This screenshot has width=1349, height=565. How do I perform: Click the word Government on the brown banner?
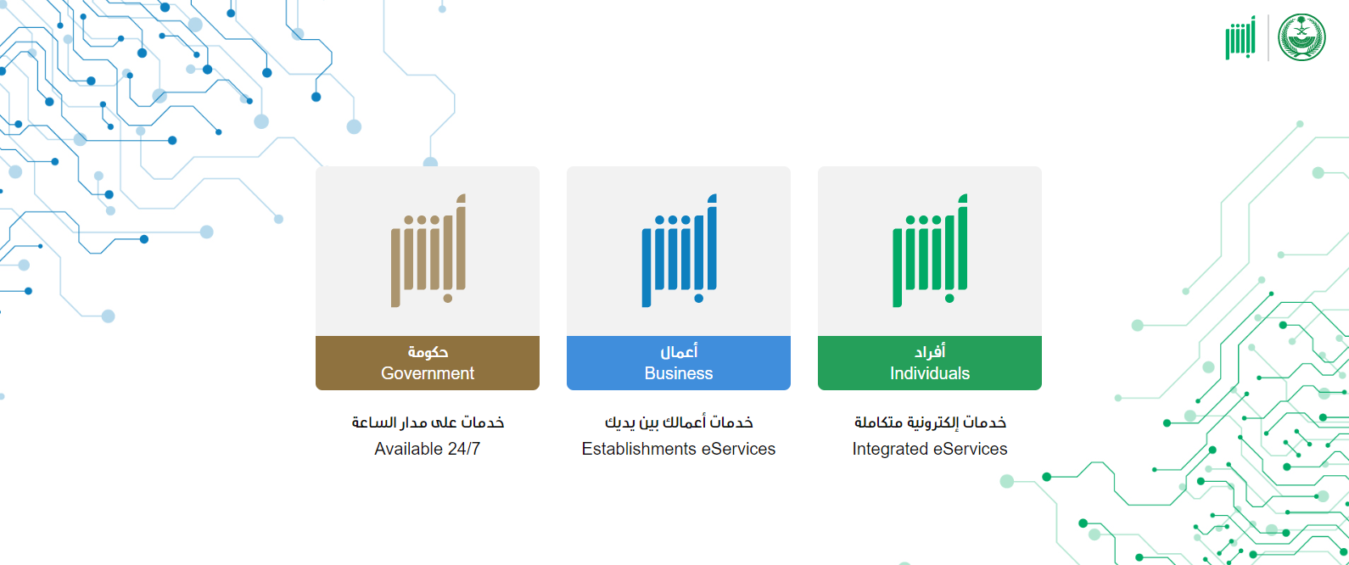click(x=428, y=373)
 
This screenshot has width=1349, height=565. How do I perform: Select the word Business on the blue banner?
click(x=679, y=373)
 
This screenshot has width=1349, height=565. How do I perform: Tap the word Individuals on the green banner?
click(x=930, y=373)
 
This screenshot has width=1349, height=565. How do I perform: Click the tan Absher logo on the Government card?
click(x=428, y=250)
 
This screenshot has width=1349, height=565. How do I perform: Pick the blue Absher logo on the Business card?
click(x=680, y=250)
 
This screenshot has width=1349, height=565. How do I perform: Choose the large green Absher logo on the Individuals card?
click(x=931, y=250)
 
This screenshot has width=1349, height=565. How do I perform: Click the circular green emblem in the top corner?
click(x=1301, y=37)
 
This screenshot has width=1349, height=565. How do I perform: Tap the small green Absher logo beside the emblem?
click(x=1240, y=37)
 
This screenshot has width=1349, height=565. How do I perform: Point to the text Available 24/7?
click(x=427, y=449)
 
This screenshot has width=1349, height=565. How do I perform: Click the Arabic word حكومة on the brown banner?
click(x=428, y=351)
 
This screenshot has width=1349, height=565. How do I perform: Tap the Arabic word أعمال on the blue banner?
click(x=679, y=351)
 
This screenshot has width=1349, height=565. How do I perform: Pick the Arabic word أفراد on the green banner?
click(x=930, y=351)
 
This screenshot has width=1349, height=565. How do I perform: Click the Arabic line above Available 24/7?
click(x=428, y=422)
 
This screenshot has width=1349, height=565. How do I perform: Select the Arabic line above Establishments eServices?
click(x=679, y=422)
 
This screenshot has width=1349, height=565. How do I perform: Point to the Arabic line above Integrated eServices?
click(x=930, y=422)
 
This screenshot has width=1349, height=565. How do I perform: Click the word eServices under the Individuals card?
click(x=971, y=449)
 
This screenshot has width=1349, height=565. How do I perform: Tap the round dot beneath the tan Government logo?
click(x=447, y=298)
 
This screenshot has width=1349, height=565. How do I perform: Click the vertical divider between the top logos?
click(x=1268, y=37)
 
